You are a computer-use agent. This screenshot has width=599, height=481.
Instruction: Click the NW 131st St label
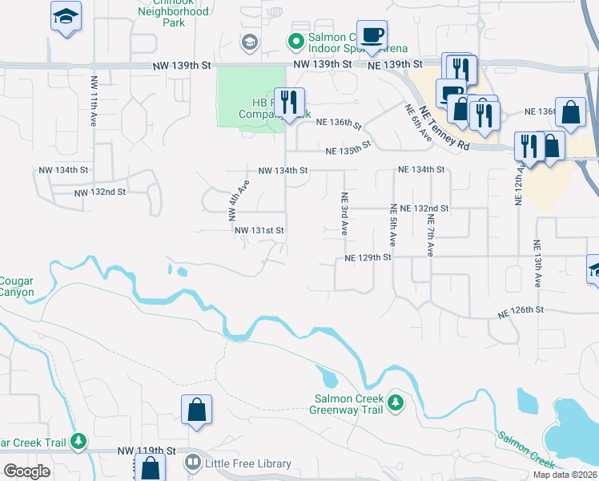pyautogui.click(x=259, y=230)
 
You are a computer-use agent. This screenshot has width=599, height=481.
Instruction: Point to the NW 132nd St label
pyautogui.click(x=100, y=192)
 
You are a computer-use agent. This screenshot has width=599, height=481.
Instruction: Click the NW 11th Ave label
pyautogui.click(x=94, y=93)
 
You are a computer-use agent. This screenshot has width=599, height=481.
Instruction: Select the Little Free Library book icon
pyautogui.click(x=192, y=463)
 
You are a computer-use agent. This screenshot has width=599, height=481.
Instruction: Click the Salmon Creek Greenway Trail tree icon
pyautogui.click(x=395, y=401)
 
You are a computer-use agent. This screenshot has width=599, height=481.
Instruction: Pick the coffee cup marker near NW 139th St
pyautogui.click(x=372, y=35)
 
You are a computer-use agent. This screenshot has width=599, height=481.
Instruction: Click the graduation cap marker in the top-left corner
pyautogui.click(x=66, y=16)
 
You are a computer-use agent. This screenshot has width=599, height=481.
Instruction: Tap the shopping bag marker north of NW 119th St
pyautogui.click(x=196, y=410)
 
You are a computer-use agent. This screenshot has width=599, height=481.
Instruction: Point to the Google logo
pyautogui.click(x=26, y=471)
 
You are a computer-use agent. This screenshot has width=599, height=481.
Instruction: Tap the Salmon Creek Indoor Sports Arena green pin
pyautogui.click(x=295, y=40)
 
